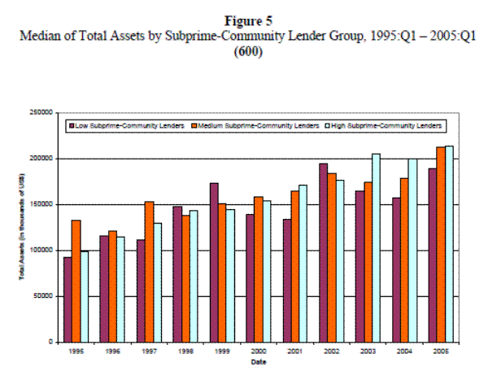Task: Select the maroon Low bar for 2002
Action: coord(323,252)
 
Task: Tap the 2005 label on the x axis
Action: coord(441,352)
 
